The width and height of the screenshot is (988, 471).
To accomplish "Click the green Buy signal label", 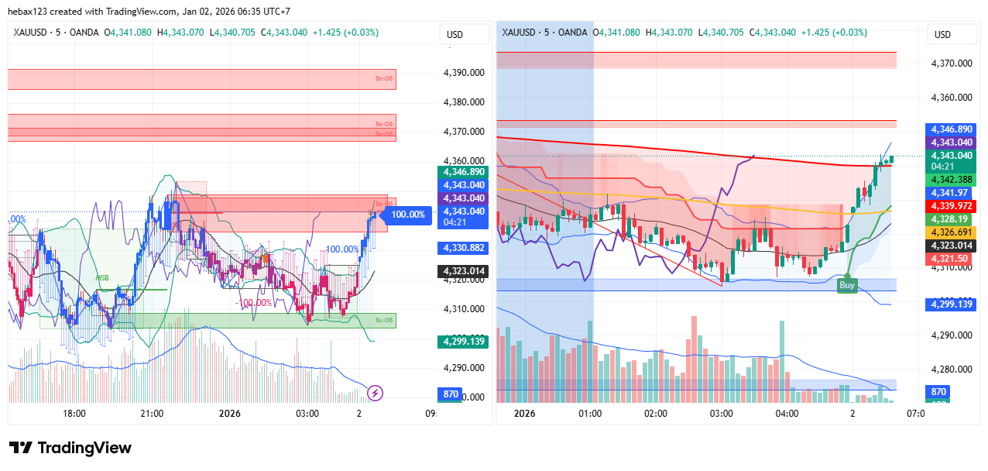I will click(x=847, y=285).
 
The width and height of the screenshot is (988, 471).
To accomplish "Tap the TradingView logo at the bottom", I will click(x=70, y=448).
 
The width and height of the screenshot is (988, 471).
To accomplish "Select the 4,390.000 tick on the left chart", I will click(x=464, y=73).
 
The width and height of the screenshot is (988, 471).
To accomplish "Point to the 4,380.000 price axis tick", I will click(x=464, y=102).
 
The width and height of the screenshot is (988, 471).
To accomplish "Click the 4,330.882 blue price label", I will click(x=464, y=248).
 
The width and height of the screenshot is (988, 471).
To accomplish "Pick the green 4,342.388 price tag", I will click(x=951, y=180).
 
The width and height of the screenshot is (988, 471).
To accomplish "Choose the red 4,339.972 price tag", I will click(x=951, y=205).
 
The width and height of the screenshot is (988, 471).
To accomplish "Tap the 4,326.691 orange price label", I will click(x=951, y=232).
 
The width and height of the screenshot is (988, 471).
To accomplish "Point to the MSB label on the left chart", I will click(x=102, y=277).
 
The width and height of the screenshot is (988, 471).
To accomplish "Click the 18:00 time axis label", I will click(x=74, y=414).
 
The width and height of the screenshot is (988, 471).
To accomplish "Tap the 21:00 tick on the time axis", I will click(x=152, y=414).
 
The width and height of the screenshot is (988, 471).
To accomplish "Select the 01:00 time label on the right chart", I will click(x=590, y=414).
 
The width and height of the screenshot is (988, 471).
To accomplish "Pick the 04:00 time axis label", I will click(x=787, y=414).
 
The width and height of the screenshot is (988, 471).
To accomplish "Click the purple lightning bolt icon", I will click(x=376, y=393).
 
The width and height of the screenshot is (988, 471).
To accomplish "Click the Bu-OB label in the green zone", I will click(x=384, y=320).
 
